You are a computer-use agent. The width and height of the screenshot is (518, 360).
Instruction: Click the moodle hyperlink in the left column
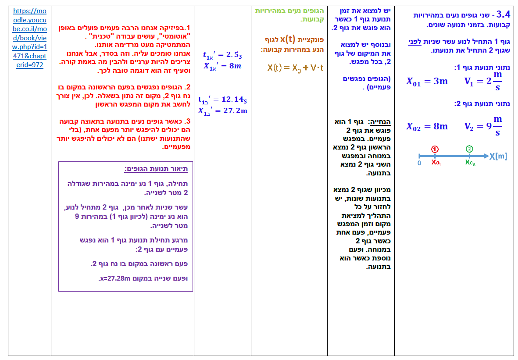(x=29, y=38)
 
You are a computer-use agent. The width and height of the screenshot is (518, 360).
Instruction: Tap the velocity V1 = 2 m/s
(x=483, y=81)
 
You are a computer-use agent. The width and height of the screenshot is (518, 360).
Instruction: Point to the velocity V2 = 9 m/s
(x=483, y=126)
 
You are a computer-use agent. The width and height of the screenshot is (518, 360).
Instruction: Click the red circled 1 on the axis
(x=434, y=149)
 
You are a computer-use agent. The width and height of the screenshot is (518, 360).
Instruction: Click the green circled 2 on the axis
(x=469, y=149)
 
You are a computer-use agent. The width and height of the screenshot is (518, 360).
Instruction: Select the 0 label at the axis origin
(x=419, y=163)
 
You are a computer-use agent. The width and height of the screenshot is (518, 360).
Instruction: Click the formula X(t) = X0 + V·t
(x=295, y=68)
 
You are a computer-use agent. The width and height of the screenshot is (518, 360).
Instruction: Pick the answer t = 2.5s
(x=222, y=55)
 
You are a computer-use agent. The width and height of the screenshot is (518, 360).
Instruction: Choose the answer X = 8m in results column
(x=222, y=66)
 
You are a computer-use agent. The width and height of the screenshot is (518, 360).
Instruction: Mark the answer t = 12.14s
(x=222, y=100)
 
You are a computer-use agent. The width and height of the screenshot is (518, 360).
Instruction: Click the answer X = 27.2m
(x=222, y=110)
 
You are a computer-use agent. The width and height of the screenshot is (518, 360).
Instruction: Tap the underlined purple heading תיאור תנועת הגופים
(x=156, y=169)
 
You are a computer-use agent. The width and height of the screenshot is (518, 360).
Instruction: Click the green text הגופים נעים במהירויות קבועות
(x=289, y=15)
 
